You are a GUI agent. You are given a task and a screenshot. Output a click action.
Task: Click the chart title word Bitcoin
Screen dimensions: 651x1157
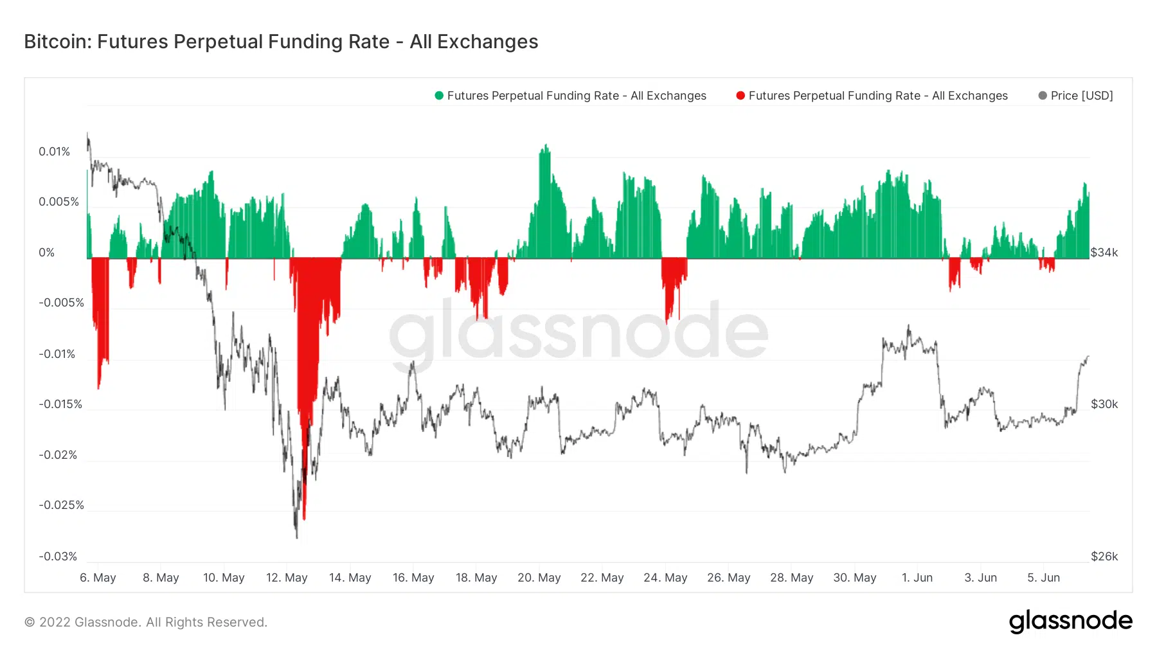click(x=58, y=42)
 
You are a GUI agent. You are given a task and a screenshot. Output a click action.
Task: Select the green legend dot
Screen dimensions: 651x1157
click(x=439, y=96)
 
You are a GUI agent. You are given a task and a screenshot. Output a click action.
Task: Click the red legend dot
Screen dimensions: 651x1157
click(x=740, y=96)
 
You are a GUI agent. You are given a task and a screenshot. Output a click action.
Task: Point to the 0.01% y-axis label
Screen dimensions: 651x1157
click(x=54, y=152)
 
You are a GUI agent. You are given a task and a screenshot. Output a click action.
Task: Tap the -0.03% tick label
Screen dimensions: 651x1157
click(x=57, y=557)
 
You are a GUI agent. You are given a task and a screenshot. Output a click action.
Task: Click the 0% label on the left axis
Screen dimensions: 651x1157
click(x=46, y=253)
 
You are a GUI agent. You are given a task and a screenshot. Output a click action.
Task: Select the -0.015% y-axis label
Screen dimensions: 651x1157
click(x=60, y=404)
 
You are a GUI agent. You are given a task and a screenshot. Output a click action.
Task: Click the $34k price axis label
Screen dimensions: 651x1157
click(x=1104, y=253)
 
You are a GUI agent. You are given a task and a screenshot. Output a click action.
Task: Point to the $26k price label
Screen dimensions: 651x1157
click(x=1104, y=557)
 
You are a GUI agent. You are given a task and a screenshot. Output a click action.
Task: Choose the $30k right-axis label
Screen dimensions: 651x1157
click(x=1104, y=404)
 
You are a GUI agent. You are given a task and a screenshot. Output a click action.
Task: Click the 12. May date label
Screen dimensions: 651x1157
click(x=287, y=578)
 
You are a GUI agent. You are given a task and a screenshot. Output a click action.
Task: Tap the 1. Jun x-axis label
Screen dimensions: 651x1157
click(x=917, y=578)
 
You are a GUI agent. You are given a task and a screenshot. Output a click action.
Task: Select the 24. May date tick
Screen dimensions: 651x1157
click(x=665, y=578)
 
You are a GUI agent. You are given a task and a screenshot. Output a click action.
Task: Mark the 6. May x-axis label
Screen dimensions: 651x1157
click(x=98, y=578)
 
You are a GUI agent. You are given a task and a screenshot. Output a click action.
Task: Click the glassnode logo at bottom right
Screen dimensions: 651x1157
click(x=1070, y=621)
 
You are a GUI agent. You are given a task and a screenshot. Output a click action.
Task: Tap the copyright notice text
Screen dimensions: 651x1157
click(x=145, y=622)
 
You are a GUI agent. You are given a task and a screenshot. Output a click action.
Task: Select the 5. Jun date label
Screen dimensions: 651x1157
click(x=1043, y=578)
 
